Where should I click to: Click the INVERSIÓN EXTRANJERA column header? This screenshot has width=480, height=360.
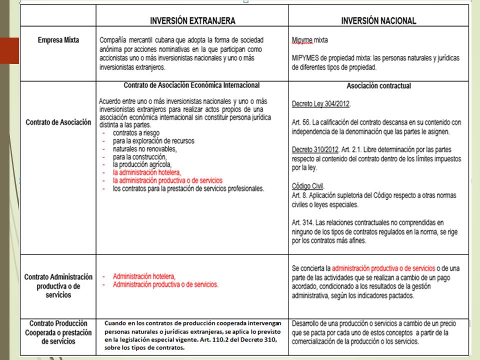pyautogui.click(x=192, y=21)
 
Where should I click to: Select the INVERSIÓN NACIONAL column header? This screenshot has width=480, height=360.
pyautogui.click(x=378, y=21)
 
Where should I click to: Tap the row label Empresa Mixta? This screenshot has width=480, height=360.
pyautogui.click(x=58, y=40)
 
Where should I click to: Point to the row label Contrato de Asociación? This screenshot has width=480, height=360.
pyautogui.click(x=58, y=122)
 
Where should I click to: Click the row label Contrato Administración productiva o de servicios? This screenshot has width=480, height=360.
pyautogui.click(x=58, y=285)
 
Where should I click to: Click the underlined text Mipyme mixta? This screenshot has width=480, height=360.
pyautogui.click(x=310, y=40)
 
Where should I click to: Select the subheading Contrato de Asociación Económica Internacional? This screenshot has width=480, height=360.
pyautogui.click(x=191, y=85)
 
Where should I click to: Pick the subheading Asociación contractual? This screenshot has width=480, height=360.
pyautogui.click(x=378, y=85)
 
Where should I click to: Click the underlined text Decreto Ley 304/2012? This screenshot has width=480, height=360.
pyautogui.click(x=321, y=104)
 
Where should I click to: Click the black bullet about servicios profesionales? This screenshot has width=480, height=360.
pyautogui.click(x=188, y=188)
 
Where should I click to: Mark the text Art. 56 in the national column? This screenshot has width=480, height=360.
pyautogui.click(x=300, y=122)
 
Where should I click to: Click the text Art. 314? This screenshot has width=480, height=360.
pyautogui.click(x=302, y=222)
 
